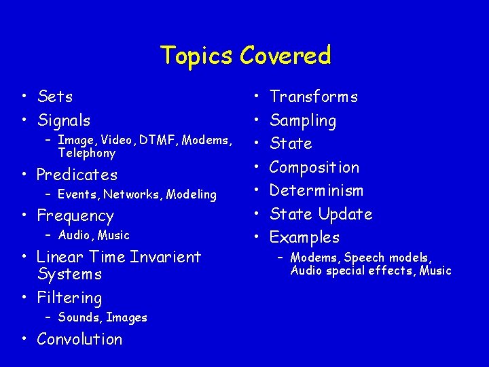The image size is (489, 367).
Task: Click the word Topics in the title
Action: click(x=197, y=56)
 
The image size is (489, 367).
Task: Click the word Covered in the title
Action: click(x=285, y=56)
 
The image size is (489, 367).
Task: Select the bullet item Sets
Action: click(x=55, y=97)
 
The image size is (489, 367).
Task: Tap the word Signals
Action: click(x=64, y=121)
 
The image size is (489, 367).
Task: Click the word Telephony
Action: click(x=87, y=153)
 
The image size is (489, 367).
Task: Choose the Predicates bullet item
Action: click(x=77, y=175)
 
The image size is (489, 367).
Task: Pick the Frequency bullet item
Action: click(x=75, y=216)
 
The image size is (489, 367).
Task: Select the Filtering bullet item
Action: click(x=69, y=298)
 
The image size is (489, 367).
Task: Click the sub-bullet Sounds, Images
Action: click(x=103, y=317)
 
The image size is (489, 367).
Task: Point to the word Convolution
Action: click(x=79, y=339)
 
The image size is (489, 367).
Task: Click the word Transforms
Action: click(x=314, y=97)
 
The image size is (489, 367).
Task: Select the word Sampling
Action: click(x=303, y=121)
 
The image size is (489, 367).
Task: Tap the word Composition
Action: click(x=314, y=167)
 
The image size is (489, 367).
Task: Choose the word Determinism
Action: click(x=316, y=190)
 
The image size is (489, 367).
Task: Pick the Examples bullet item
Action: click(x=304, y=237)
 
